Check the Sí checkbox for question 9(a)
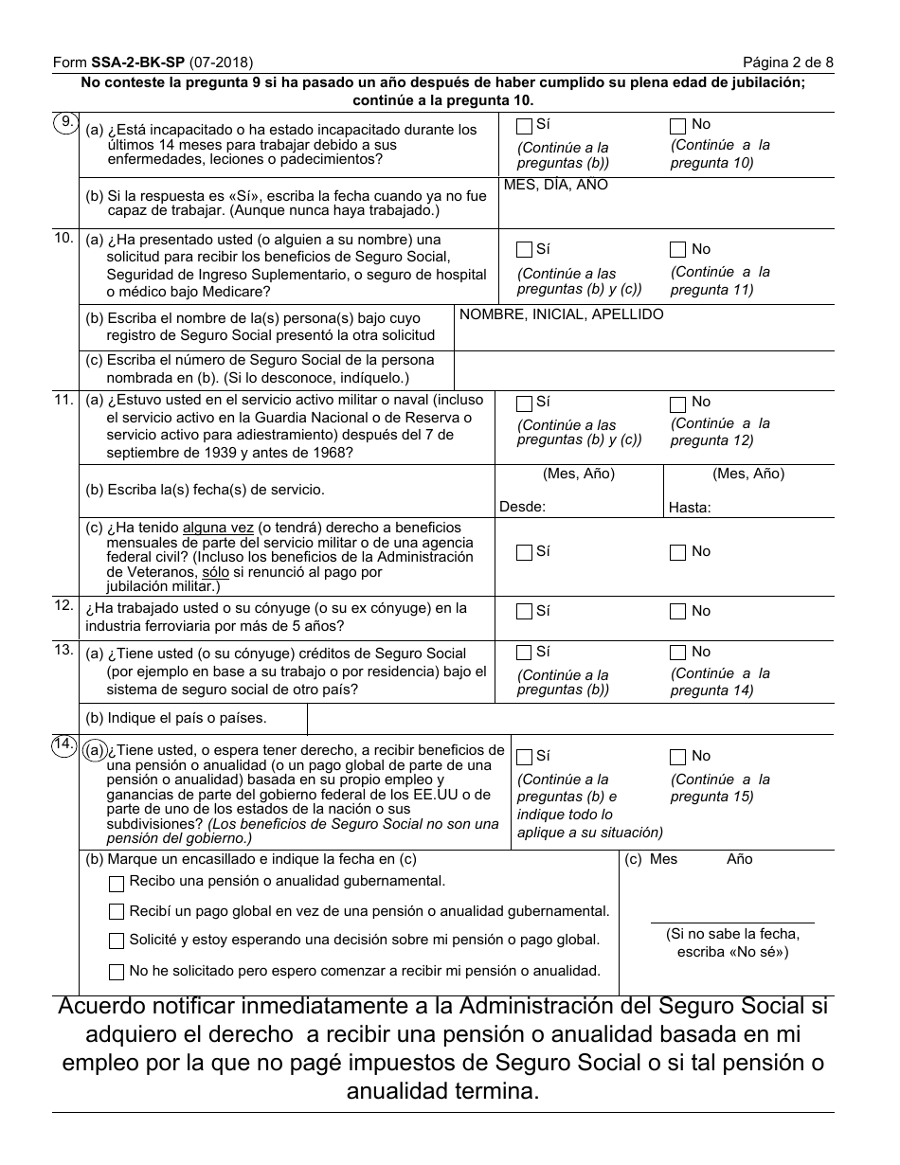(x=524, y=125)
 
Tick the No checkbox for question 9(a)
(x=677, y=125)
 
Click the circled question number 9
(x=65, y=122)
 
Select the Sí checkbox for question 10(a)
(x=524, y=250)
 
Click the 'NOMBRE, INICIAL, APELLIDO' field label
(x=561, y=314)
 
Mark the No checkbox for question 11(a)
(x=677, y=403)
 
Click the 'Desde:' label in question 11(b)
(x=522, y=507)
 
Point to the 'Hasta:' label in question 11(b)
(x=689, y=508)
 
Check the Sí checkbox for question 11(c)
(x=524, y=552)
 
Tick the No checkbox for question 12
(x=677, y=612)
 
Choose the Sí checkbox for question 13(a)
(x=524, y=653)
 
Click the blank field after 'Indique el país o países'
(x=568, y=719)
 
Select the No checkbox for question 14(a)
(x=677, y=757)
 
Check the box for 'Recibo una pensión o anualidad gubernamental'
(x=117, y=883)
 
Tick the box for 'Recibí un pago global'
(x=117, y=912)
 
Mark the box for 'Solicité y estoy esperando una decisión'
(x=117, y=941)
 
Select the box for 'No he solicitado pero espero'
(x=117, y=972)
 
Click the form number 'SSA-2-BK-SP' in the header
(x=137, y=63)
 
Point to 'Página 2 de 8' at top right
(x=787, y=63)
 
